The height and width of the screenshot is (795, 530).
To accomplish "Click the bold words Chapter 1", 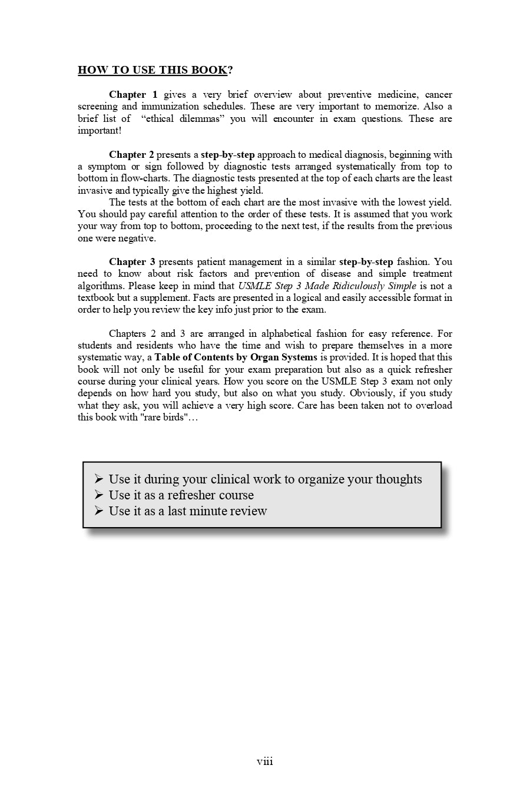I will (x=133, y=94).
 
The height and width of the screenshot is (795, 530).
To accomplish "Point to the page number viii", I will (x=265, y=761).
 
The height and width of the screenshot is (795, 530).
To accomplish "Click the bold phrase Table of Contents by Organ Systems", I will (x=236, y=357).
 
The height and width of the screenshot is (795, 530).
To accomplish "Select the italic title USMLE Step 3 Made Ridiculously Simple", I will (x=327, y=286).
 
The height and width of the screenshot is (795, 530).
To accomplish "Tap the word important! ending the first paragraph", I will (x=100, y=130).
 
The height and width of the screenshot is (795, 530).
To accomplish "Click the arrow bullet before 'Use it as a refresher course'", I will (x=99, y=495).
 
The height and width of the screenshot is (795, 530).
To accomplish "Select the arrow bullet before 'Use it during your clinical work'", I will (x=99, y=479).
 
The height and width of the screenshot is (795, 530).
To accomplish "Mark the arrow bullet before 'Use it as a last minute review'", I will (x=99, y=511).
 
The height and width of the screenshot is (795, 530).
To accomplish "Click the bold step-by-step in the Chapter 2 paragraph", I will (x=228, y=154).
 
